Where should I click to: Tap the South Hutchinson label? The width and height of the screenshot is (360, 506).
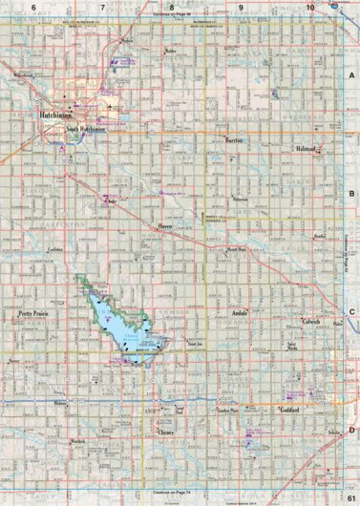pyautogui.click(x=86, y=129)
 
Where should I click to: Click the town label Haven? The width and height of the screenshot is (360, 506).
pyautogui.click(x=164, y=226)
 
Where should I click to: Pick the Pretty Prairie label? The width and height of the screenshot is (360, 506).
pyautogui.click(x=33, y=312)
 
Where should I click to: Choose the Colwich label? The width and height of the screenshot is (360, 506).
pyautogui.click(x=310, y=322)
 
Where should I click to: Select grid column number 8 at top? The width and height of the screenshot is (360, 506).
pyautogui.click(x=172, y=7)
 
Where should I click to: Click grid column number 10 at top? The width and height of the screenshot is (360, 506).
pyautogui.click(x=310, y=7)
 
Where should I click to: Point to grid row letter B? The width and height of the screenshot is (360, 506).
pyautogui.click(x=351, y=193)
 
